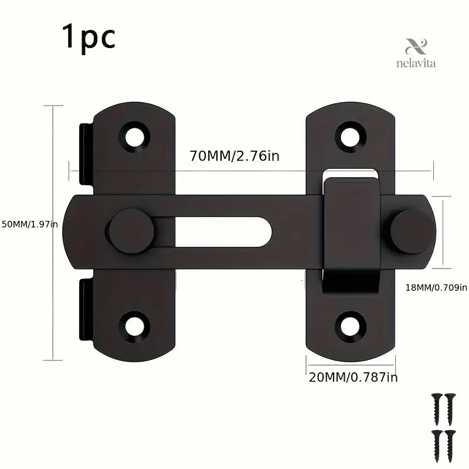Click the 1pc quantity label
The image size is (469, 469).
coord(89,38)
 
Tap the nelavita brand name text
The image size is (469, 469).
coord(416,63)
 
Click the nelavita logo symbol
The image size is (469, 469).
coord(416,47)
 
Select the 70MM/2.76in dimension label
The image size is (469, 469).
coord(235,156)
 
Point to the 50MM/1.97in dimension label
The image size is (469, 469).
coord(30,224)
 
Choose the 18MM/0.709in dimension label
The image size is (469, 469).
coord(436,287)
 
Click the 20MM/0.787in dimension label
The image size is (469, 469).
coord(354,378)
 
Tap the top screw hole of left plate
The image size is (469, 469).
coord(135,137)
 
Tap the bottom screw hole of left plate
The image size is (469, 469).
coord(134,327)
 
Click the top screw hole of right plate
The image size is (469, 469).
coord(350,137)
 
